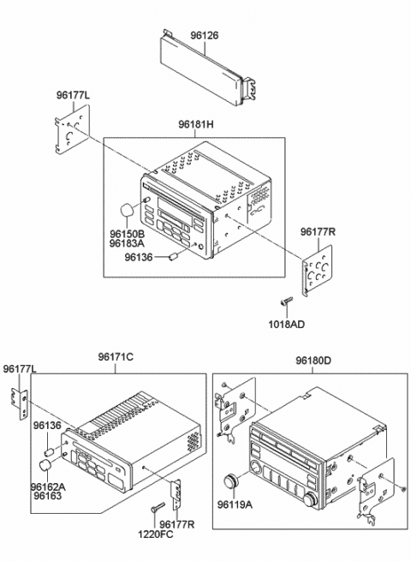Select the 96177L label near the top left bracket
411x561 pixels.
[74, 95]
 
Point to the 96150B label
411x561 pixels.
[127, 232]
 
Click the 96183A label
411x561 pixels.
[127, 243]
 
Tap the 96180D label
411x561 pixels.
[315, 362]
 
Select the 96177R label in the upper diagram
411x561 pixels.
[317, 231]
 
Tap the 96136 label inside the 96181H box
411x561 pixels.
[140, 254]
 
